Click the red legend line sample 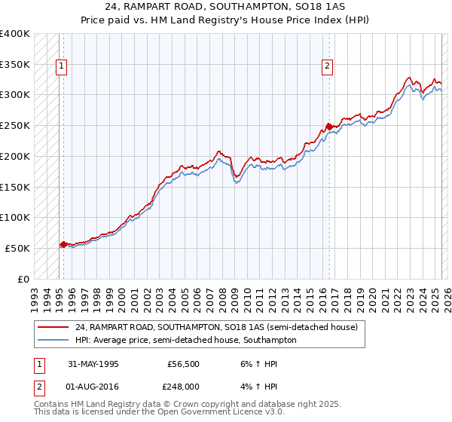click(x=53, y=327)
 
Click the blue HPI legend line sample click(x=53, y=340)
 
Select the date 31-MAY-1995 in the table click(x=93, y=363)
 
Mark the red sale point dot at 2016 click(x=329, y=127)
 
